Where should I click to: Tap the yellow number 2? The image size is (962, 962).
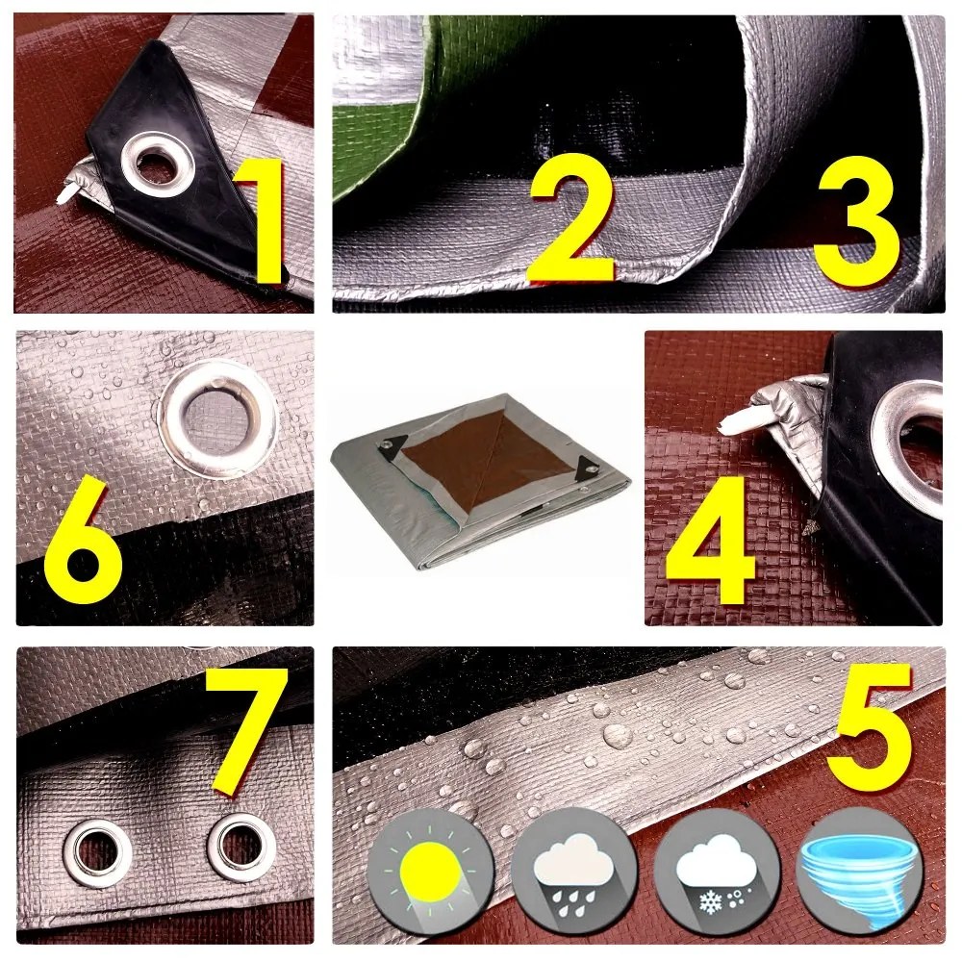coord(572,217)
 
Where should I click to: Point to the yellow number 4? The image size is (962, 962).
coord(711,538)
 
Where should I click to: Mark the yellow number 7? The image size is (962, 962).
coord(245,730)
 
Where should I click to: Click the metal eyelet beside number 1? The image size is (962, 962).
coord(158,164)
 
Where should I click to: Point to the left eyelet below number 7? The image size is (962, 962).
coord(97,852)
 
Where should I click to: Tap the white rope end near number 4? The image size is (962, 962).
coord(736,422)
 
